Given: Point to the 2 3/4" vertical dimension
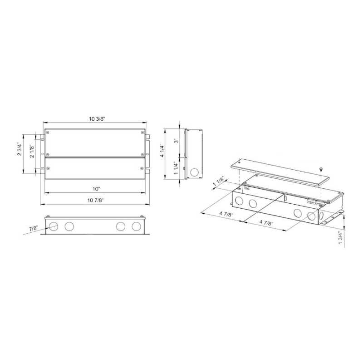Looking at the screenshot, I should tap(20, 149).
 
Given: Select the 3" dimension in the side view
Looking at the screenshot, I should tap(176, 141).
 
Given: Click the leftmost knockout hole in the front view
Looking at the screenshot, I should tap(54, 226).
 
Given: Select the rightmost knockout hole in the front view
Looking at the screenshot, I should tap(136, 226).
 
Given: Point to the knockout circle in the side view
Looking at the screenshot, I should tap(195, 172).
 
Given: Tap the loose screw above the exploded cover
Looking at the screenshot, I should tap(321, 169).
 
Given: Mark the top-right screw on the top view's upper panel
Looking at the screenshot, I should tap(143, 132).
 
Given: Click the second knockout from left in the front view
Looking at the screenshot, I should tap(69, 226).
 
